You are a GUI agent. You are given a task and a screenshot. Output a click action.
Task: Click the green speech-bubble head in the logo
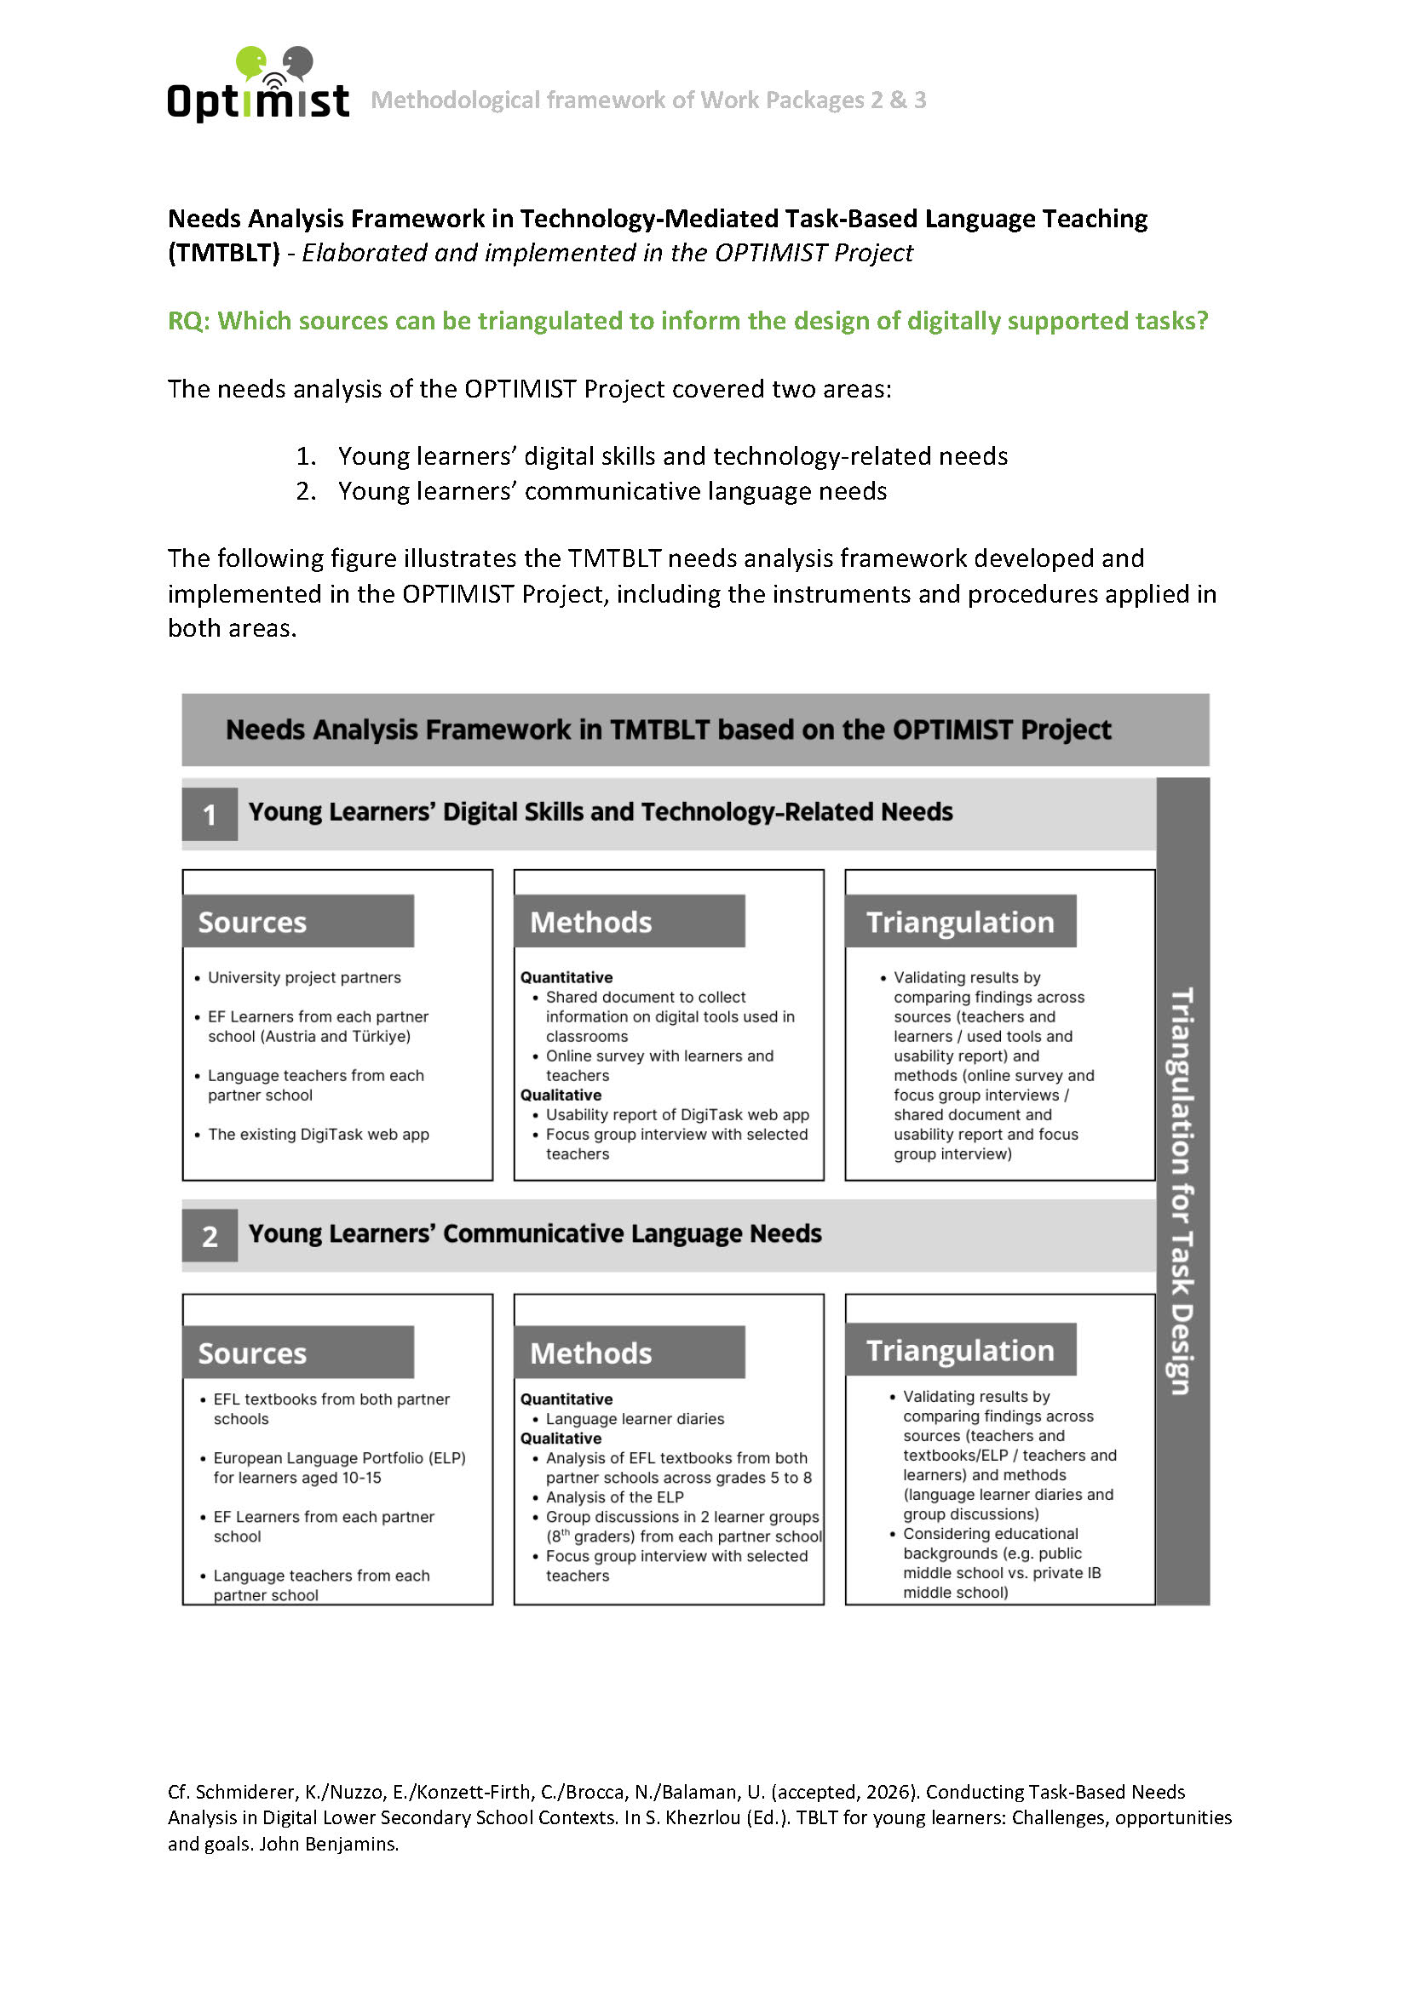click(x=250, y=60)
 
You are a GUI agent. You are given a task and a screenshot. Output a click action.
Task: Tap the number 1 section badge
click(x=209, y=815)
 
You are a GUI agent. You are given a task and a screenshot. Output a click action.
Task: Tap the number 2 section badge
click(x=209, y=1236)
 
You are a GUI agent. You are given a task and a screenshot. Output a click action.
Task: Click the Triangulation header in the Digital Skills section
click(x=960, y=921)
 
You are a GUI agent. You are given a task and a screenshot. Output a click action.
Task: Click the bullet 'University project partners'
click(x=303, y=977)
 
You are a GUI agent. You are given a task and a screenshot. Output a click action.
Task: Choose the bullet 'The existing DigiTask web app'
click(x=318, y=1134)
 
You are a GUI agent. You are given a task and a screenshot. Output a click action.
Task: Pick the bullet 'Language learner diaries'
click(x=635, y=1419)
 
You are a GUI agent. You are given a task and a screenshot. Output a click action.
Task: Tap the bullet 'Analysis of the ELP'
click(x=614, y=1496)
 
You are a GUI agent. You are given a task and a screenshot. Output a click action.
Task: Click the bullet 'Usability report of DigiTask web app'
click(x=676, y=1114)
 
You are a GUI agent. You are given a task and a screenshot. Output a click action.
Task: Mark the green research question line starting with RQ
click(x=687, y=321)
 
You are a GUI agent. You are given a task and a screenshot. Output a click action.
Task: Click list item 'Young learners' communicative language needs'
click(x=612, y=491)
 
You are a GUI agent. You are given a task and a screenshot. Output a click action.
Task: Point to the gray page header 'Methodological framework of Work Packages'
click(x=648, y=100)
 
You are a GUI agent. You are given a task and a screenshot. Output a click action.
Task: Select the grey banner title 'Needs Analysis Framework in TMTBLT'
click(x=668, y=729)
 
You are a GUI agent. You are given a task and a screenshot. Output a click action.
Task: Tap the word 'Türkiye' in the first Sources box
click(x=379, y=1036)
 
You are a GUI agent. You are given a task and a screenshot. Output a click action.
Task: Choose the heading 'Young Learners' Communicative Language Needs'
click(x=534, y=1233)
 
